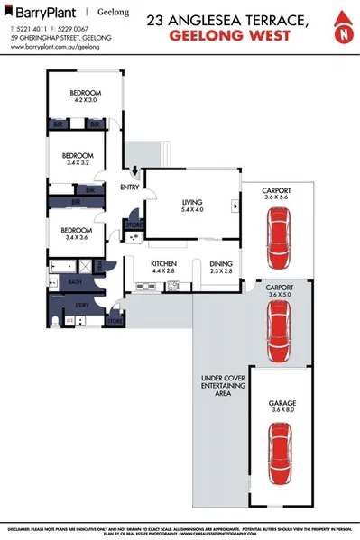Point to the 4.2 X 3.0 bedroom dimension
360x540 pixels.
pyautogui.click(x=85, y=101)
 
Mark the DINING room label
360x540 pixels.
pyautogui.click(x=221, y=262)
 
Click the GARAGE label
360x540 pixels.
pyautogui.click(x=282, y=401)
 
